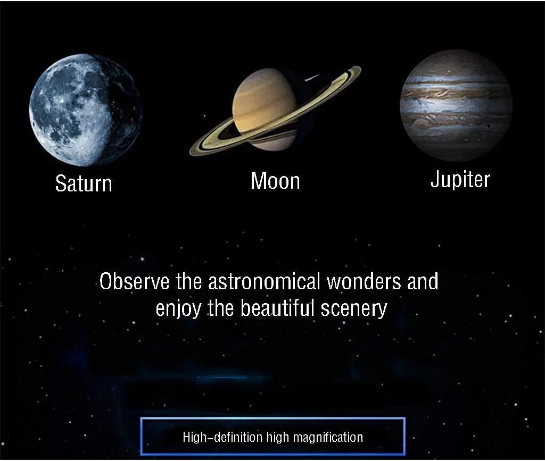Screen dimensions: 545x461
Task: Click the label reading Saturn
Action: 84,183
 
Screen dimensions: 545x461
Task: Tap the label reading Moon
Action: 275,181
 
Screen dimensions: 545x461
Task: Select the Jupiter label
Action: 460,180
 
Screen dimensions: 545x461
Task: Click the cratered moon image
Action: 86,110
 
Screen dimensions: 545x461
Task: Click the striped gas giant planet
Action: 456,105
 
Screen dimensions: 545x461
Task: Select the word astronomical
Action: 264,281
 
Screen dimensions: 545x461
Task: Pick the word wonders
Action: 364,281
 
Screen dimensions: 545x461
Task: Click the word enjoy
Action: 178,308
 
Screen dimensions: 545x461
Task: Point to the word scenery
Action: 354,308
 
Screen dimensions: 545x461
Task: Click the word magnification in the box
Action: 328,437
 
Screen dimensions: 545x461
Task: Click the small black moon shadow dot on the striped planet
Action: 490,125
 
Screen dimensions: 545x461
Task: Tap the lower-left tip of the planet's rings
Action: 191,153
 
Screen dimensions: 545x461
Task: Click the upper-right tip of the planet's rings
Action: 360,68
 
